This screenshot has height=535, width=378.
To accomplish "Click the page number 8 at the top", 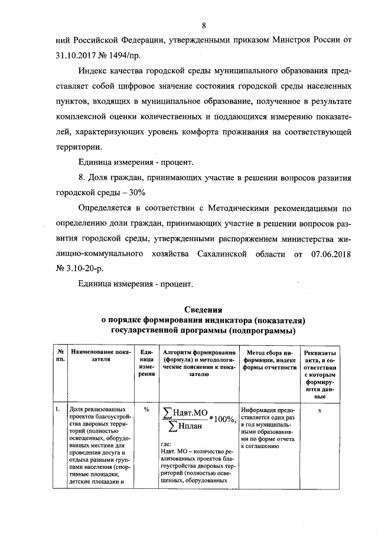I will click(204, 25).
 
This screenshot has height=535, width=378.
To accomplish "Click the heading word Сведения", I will click(203, 309).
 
